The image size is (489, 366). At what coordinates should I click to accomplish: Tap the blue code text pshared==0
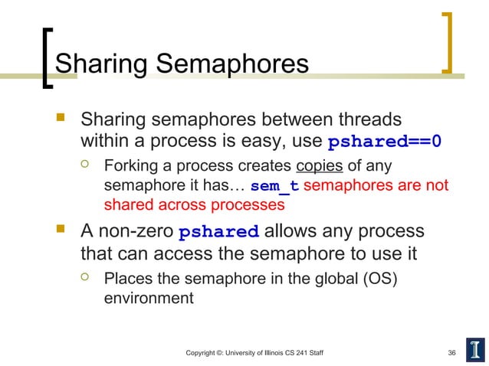[384, 142]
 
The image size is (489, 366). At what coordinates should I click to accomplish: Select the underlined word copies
[320, 167]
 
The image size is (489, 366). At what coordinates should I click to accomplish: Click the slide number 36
[451, 352]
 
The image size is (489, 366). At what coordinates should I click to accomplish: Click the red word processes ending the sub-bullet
[250, 206]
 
